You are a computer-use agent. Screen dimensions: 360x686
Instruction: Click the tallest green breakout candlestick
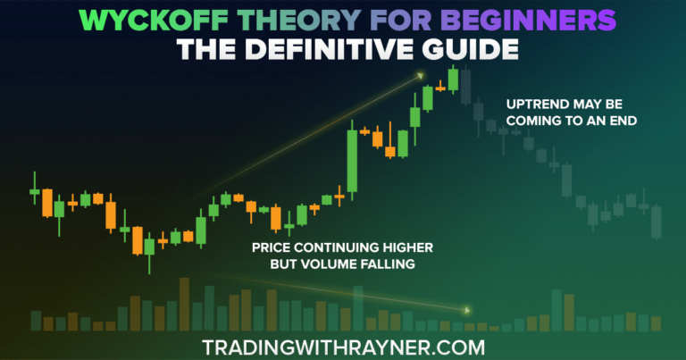352,161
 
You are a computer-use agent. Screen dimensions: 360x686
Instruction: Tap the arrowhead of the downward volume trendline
466,309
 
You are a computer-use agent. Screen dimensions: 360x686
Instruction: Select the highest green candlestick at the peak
454,80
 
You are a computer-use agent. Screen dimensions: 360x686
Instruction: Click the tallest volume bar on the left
184,304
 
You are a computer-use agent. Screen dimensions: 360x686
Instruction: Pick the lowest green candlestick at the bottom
149,250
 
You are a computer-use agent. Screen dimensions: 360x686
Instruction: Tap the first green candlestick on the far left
35,191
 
